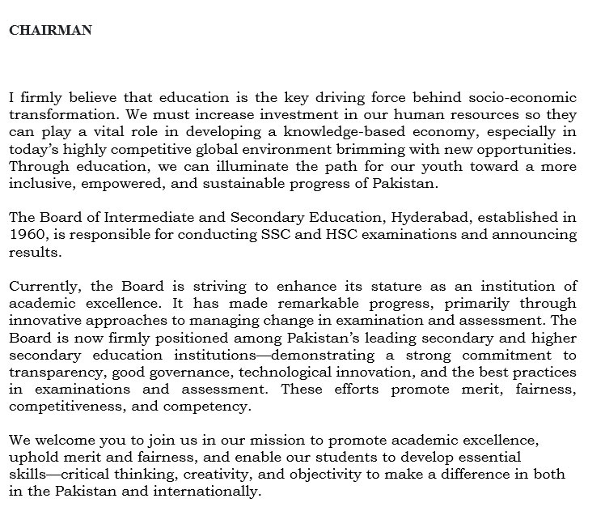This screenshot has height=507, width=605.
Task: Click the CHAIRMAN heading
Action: (50, 31)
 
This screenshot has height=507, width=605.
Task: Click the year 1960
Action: (26, 236)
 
